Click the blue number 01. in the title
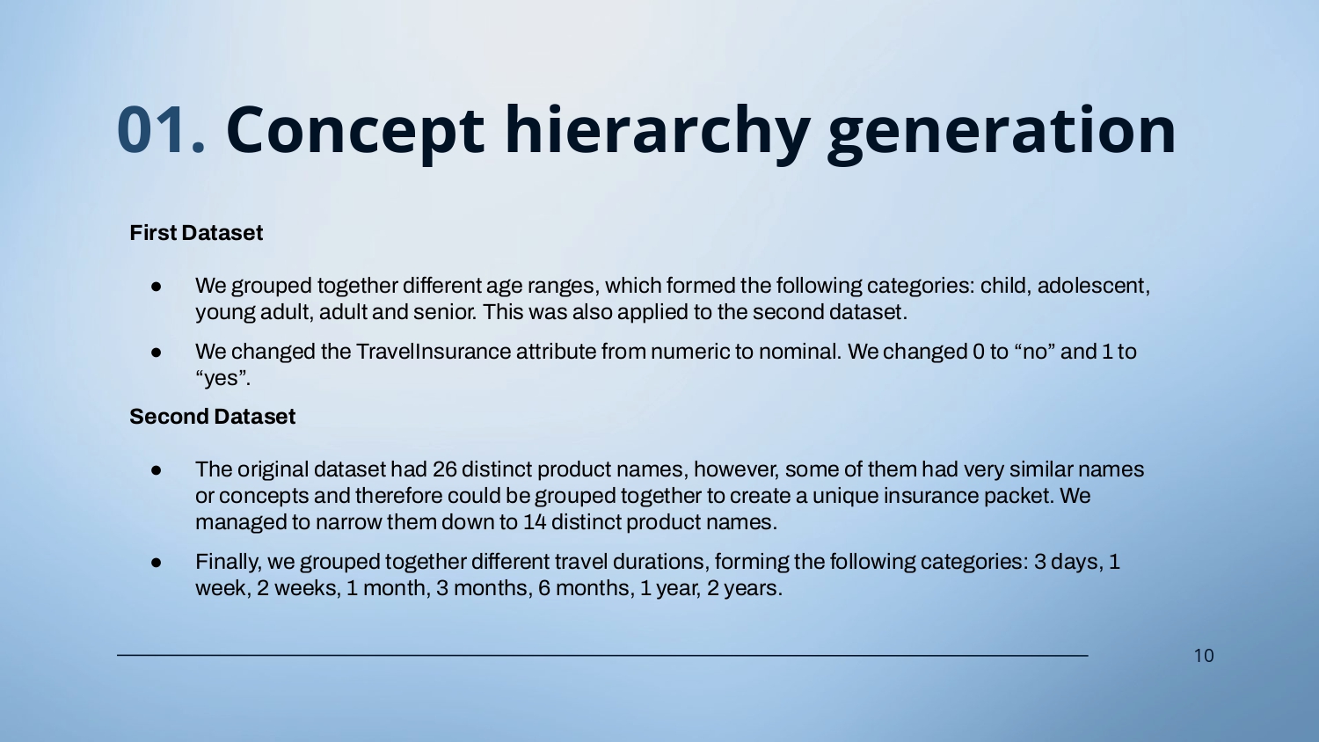161,129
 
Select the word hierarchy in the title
657,133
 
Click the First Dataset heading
196,233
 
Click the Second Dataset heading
213,417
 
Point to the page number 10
1204,656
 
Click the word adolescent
1093,286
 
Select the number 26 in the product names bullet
444,469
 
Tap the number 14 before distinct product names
535,522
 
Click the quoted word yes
222,378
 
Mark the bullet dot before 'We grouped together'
156,287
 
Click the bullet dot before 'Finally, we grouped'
156,563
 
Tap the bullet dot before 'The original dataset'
156,470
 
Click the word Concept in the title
355,133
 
